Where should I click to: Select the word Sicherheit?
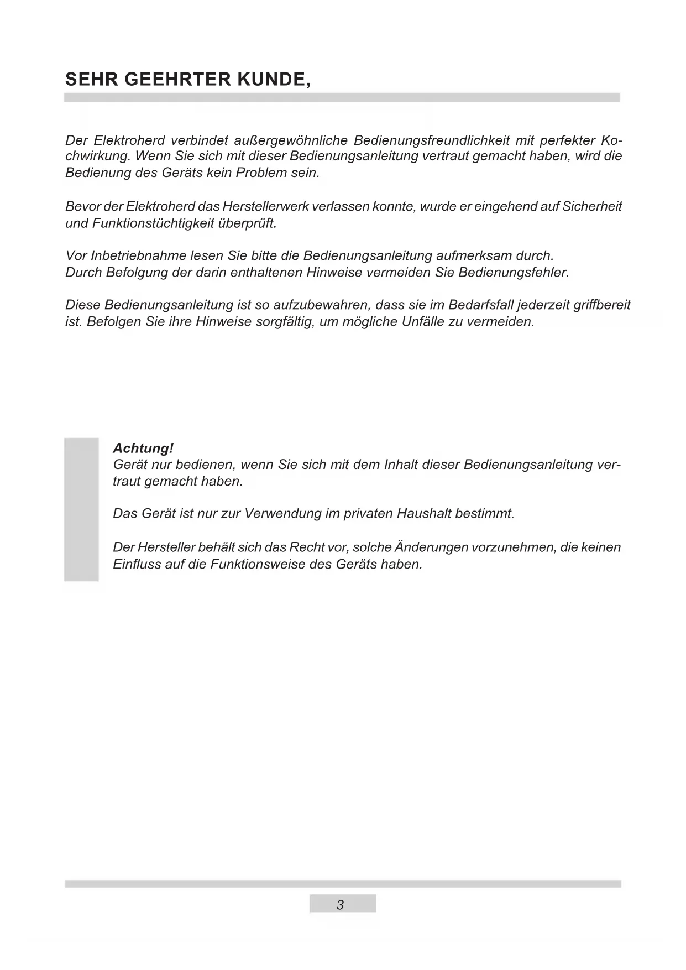pos(591,207)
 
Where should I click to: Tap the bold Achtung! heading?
pos(143,448)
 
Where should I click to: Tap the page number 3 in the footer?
pos(341,905)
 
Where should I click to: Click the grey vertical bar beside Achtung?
pos(81,509)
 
